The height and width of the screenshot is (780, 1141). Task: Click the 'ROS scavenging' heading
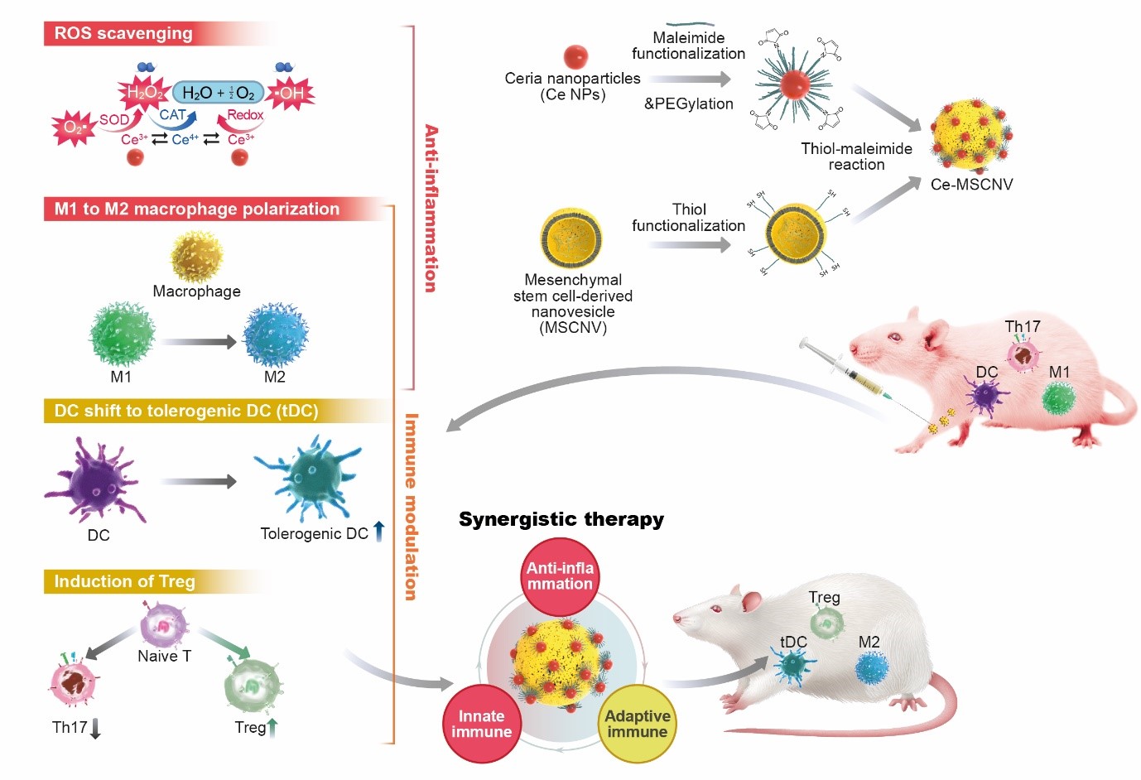click(123, 34)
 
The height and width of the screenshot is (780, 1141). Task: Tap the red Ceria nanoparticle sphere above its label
click(575, 56)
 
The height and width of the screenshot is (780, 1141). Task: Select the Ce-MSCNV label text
click(971, 185)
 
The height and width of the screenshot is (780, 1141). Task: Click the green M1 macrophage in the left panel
click(122, 335)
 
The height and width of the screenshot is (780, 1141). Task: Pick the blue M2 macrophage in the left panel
click(275, 335)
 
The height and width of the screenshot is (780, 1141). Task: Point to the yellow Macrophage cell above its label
click(197, 257)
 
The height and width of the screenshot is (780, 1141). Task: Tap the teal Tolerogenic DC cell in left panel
click(309, 478)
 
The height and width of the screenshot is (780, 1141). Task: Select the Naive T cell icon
click(164, 625)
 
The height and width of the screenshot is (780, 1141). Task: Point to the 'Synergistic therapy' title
click(561, 519)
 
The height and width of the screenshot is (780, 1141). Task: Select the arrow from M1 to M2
click(199, 341)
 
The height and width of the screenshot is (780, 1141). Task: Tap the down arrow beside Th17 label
click(95, 729)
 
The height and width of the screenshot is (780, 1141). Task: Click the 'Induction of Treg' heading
click(124, 582)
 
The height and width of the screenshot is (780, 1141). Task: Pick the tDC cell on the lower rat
click(793, 665)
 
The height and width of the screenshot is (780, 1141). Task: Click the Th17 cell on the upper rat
click(1023, 354)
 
